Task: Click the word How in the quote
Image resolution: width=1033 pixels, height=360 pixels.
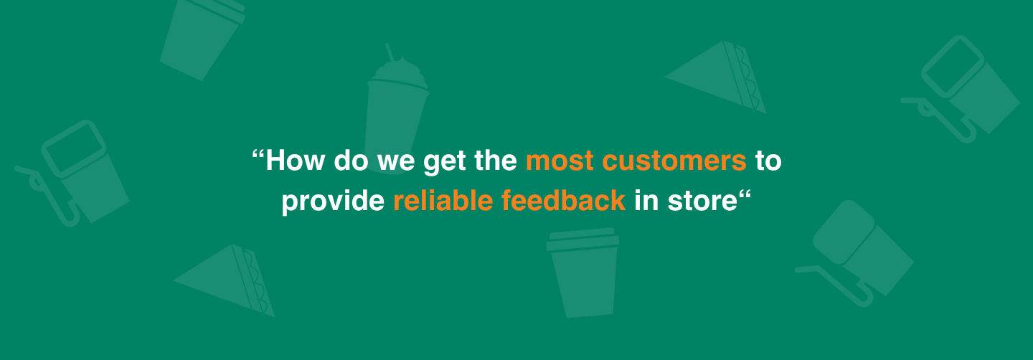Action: (x=295, y=161)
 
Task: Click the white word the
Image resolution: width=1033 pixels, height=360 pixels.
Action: (x=496, y=161)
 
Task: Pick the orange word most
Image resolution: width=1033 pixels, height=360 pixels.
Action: (x=560, y=162)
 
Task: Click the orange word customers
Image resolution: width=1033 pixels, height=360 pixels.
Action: (x=674, y=162)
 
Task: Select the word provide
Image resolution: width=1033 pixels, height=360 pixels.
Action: (x=333, y=202)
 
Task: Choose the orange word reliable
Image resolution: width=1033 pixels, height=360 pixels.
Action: (x=443, y=201)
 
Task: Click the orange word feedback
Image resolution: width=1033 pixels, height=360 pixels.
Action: (x=564, y=201)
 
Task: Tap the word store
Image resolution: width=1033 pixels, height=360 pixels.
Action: (x=702, y=202)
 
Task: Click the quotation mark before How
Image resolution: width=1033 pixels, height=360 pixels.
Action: (x=258, y=154)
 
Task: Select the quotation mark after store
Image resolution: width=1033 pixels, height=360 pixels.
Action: (x=745, y=194)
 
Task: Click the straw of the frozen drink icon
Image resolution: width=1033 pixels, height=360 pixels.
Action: (x=390, y=52)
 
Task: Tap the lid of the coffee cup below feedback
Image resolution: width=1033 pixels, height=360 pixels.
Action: (x=582, y=239)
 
